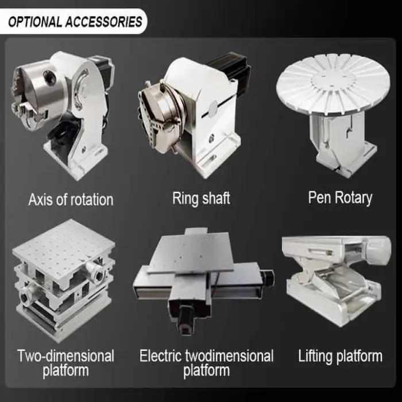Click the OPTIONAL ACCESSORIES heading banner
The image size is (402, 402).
point(74,22)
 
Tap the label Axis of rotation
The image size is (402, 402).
point(71,200)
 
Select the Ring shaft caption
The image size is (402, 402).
point(201,199)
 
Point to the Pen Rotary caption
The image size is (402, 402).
point(340,198)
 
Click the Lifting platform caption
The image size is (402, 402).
point(340,357)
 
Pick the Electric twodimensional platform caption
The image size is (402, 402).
point(206,364)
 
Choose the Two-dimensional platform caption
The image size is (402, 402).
point(65,364)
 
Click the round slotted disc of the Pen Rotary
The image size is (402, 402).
point(333,84)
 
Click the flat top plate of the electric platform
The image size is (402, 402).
point(192,253)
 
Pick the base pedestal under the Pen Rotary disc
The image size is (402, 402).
point(343,144)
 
